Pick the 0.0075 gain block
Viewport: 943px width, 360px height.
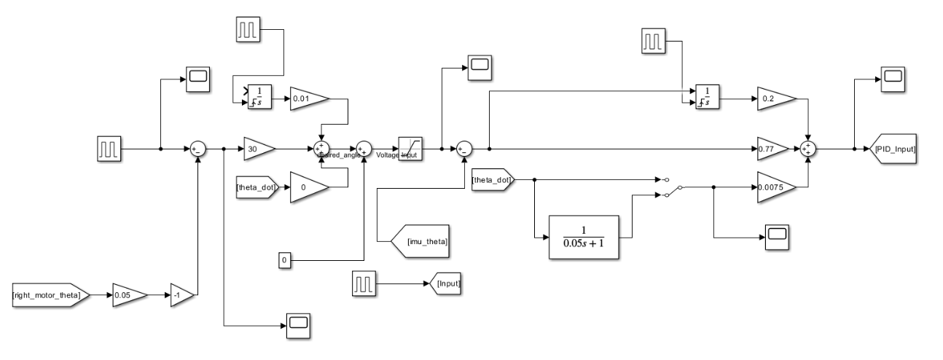tap(775, 186)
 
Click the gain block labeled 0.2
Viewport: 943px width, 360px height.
tap(772, 97)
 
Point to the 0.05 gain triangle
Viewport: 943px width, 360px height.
tap(128, 295)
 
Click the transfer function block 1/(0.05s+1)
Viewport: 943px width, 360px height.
tap(584, 238)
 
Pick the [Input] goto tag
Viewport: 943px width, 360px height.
tap(447, 281)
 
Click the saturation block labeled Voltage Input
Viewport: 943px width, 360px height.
tap(410, 149)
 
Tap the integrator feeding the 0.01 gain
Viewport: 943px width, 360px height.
tap(258, 97)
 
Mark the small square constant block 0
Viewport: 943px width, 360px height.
tap(286, 259)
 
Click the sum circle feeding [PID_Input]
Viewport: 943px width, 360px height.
tap(808, 149)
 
